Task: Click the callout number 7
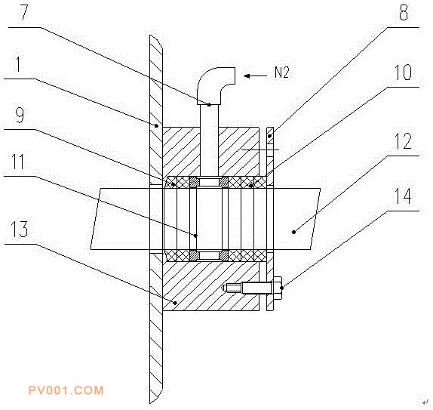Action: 24,12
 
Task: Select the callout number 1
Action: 18,64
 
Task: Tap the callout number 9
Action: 20,116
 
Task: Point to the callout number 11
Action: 18,162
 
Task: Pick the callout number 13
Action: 19,230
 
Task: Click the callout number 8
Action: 404,12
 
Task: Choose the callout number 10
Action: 403,72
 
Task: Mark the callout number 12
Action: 403,141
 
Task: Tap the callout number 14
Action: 403,196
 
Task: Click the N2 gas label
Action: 281,72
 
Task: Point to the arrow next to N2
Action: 256,76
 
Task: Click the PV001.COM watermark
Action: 66,390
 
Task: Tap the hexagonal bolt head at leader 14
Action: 278,288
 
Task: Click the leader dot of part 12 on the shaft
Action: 294,232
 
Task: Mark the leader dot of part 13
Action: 175,303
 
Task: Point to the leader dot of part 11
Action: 196,236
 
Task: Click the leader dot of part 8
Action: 270,136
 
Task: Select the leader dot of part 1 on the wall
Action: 156,126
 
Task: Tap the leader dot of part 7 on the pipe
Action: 210,104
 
